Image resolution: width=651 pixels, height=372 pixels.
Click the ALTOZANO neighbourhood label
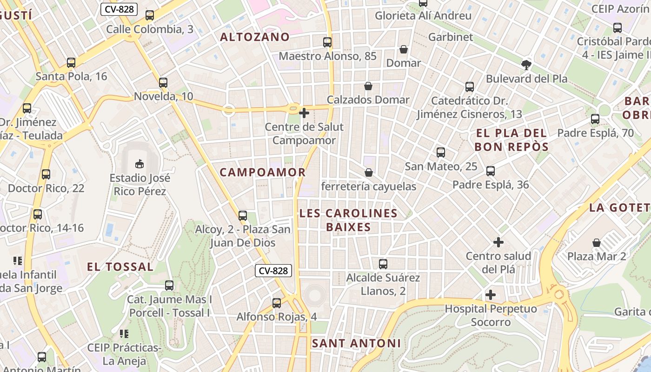point(255,37)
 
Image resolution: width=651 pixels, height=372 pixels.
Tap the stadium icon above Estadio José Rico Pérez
point(139,163)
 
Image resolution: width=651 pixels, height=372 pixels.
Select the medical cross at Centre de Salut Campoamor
point(304,113)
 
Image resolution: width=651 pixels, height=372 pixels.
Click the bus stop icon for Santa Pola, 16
point(71,62)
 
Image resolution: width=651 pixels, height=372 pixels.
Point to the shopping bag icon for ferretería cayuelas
point(369,173)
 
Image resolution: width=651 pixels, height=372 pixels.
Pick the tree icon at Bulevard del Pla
point(526,65)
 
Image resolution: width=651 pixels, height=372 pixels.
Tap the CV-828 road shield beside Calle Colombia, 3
point(119,9)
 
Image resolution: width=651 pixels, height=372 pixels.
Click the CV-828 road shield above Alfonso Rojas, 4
point(273,271)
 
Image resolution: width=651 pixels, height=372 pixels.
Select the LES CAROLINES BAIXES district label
point(348,220)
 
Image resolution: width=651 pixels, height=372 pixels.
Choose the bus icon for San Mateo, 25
point(441,152)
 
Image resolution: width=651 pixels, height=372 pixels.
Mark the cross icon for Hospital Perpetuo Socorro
point(491,295)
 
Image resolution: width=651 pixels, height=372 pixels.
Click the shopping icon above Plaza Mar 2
point(597,242)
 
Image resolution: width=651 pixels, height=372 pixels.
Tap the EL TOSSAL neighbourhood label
point(120,267)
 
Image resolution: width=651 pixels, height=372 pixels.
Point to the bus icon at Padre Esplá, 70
point(595,119)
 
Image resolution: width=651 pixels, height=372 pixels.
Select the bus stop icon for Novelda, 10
point(163,83)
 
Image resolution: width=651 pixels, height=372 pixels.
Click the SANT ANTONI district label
point(356,343)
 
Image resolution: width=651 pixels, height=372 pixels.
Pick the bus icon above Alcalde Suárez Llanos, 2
point(383,264)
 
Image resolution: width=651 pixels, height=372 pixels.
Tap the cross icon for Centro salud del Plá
point(498,242)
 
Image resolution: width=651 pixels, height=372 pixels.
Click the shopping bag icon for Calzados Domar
point(368,86)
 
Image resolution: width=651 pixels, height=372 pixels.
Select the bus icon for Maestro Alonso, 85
point(327,42)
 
